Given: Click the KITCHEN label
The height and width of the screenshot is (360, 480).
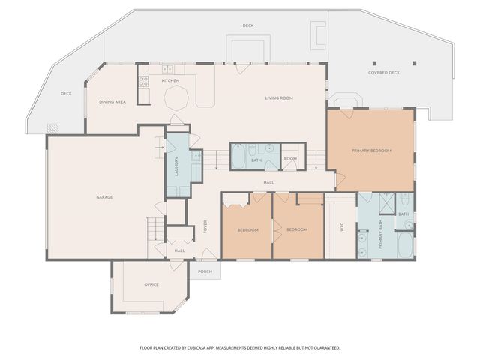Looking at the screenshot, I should pos(170,80).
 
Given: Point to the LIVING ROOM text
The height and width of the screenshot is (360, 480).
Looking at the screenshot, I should pos(278,98).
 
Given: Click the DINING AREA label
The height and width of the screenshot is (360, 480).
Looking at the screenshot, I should pos(112,101).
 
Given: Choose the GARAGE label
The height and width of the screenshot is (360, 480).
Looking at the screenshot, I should pos(104,197).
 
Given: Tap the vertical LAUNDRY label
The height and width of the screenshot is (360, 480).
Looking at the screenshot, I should pos(177,165).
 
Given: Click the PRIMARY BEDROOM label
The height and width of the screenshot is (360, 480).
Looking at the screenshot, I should pos(371,151).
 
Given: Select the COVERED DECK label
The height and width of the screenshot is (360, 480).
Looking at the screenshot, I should pos(383,73).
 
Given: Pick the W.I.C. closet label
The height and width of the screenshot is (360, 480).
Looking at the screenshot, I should pos(342,230).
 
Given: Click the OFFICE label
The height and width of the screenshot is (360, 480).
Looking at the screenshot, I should pos(151,285).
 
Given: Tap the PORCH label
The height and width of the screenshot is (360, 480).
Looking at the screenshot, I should pos(205,271).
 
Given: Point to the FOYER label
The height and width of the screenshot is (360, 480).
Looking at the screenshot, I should pos(205,227).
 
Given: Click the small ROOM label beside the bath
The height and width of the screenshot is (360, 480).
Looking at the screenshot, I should pos(289,159).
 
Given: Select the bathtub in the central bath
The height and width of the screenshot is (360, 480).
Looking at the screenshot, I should pos(239,158).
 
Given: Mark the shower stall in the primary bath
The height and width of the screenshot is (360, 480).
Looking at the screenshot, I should pos(387,204).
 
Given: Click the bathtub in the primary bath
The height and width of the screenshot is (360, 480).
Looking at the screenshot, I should pos(403,243).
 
